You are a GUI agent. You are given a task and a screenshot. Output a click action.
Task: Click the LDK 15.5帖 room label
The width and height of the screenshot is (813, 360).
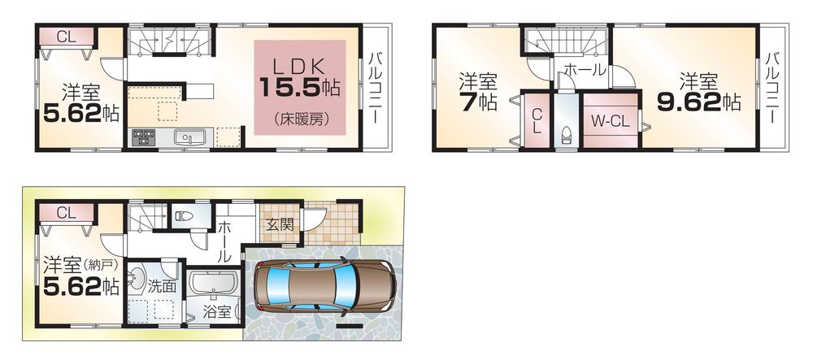(299, 75)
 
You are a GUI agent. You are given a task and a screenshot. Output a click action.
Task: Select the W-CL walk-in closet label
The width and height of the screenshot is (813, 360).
(611, 122)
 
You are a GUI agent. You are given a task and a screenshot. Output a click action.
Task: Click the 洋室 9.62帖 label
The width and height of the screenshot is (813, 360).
(698, 92)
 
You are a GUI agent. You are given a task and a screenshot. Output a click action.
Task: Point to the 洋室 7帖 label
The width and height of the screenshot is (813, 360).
(477, 92)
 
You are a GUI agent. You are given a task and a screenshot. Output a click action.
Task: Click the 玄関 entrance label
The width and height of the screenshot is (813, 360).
(280, 225)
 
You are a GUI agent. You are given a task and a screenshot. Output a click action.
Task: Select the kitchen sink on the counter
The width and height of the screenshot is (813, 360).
(189, 138)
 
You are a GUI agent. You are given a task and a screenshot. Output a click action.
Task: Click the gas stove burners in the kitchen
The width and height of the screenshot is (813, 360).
(143, 138)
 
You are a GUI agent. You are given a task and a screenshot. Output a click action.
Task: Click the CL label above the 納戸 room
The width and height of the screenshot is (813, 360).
(67, 213)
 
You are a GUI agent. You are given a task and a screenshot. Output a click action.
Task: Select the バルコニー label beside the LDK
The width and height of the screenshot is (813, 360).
(376, 87)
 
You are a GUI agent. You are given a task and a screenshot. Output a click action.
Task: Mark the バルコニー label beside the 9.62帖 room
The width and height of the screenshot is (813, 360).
(772, 87)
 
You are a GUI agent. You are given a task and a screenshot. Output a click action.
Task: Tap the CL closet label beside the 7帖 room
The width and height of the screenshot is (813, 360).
(537, 124)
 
